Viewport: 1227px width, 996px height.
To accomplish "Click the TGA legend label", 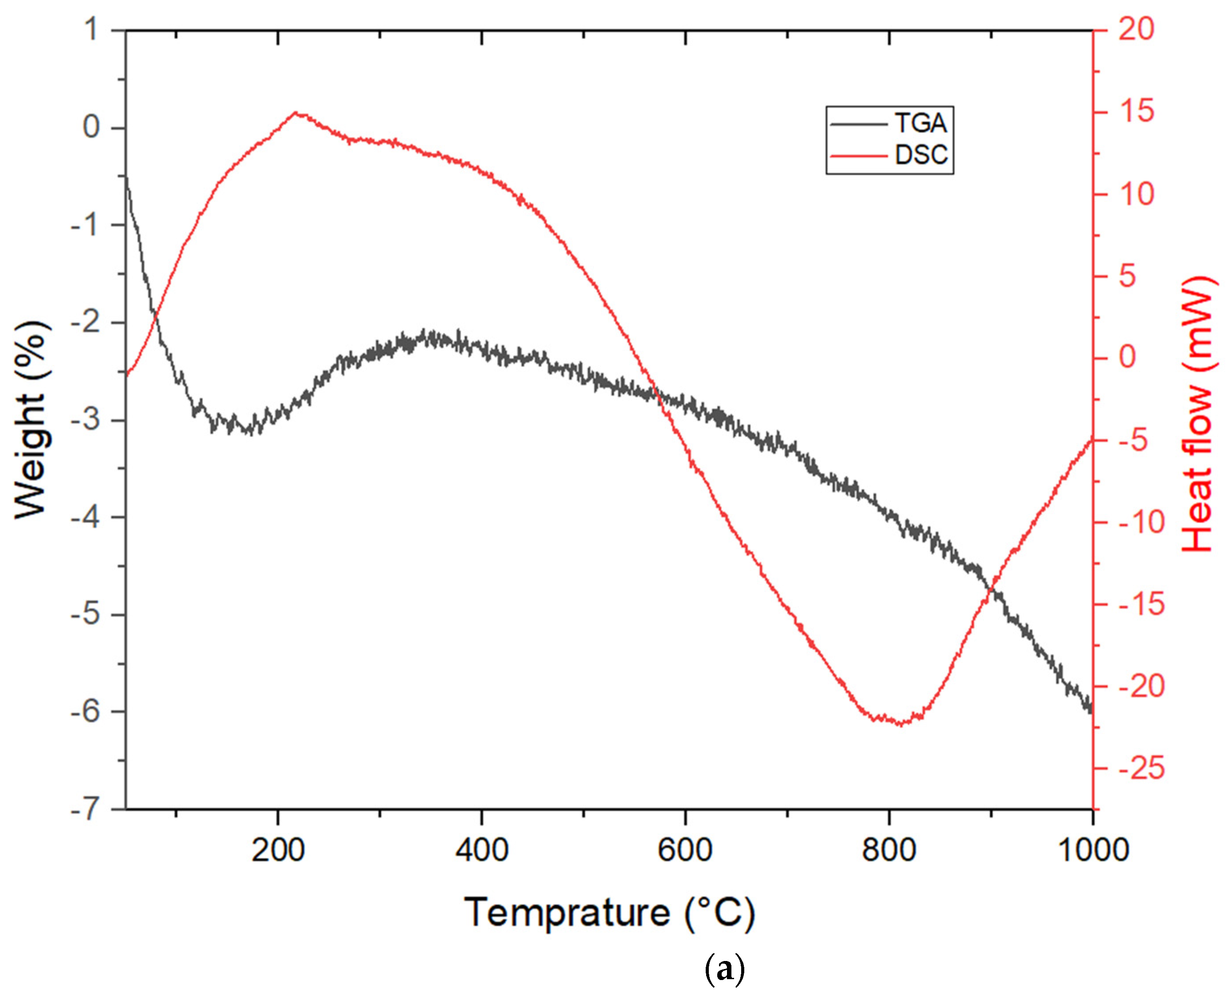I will click(x=921, y=123).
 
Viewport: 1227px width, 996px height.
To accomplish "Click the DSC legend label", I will click(x=921, y=155).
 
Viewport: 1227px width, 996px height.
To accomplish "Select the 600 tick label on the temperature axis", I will click(x=685, y=850).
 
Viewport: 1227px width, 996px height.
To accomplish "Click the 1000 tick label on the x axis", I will click(x=1093, y=850).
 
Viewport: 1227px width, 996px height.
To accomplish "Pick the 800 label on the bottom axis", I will click(x=889, y=850).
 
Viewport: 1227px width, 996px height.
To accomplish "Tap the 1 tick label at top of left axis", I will click(x=92, y=30).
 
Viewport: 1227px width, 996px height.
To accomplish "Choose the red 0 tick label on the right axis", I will click(x=1127, y=357).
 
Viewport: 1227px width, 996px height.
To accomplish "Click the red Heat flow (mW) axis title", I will click(x=1199, y=414).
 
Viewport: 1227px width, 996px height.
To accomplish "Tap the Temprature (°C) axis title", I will click(x=609, y=913).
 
